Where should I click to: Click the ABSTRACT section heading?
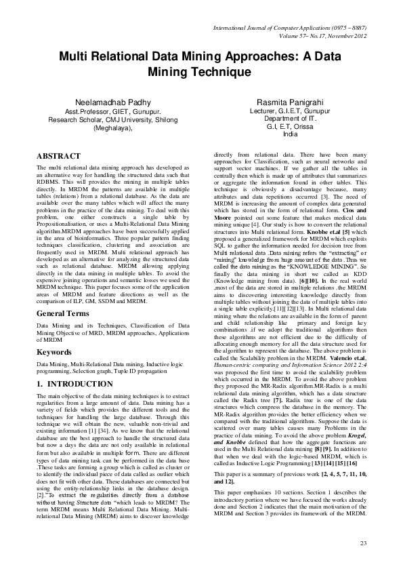pyautogui.click(x=58, y=156)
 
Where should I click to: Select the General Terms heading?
pyautogui.click(x=66, y=314)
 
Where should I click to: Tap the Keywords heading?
pyautogui.click(x=54, y=353)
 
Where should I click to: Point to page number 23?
pyautogui.click(x=362, y=543)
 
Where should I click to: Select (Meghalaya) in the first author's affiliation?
pyautogui.click(x=112, y=127)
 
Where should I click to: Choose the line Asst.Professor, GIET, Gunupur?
pyautogui.click(x=112, y=111)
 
